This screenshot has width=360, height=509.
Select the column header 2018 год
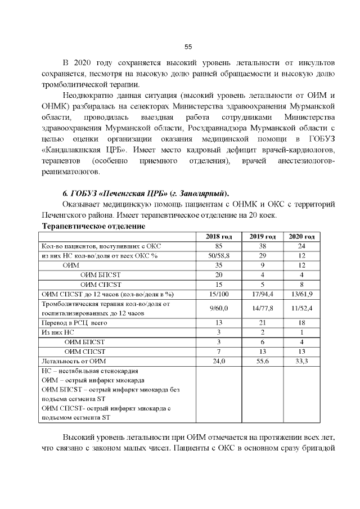click(218, 236)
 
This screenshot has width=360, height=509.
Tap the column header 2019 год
click(262, 236)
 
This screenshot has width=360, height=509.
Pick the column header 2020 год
click(301, 236)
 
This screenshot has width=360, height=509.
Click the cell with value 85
click(218, 246)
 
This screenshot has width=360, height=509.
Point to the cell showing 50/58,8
click(218, 255)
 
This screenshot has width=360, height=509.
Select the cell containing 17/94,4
click(262, 294)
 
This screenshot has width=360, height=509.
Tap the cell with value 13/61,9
click(301, 294)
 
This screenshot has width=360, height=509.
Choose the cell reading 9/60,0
click(218, 308)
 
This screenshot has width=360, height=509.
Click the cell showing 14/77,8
click(262, 308)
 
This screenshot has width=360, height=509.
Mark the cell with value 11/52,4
click(301, 308)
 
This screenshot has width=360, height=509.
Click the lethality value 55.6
click(262, 361)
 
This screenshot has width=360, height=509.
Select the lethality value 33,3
click(301, 361)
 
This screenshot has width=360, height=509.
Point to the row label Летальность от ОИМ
click(74, 361)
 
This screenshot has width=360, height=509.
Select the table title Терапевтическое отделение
click(94, 226)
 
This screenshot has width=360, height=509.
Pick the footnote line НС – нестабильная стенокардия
click(90, 371)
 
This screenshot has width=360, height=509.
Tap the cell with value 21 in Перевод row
click(262, 323)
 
